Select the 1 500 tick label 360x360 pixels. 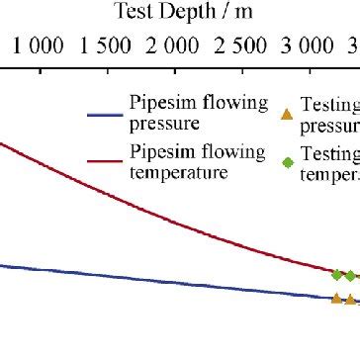pos(107,45)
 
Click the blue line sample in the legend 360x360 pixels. pos(104,114)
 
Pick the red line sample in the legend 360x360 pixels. pos(104,161)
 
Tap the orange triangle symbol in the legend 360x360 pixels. pos(287,115)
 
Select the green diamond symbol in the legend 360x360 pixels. pos(287,162)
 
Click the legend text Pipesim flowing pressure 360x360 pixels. pos(199,114)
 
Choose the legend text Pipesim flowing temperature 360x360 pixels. pos(198,161)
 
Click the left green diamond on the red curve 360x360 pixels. pos(336,275)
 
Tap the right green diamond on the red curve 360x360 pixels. pos(350,276)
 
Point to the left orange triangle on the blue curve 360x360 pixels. pos(336,298)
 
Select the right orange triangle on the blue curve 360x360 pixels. pos(350,300)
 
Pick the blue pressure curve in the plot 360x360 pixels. pos(148,279)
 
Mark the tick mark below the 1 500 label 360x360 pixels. pos(107,69)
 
